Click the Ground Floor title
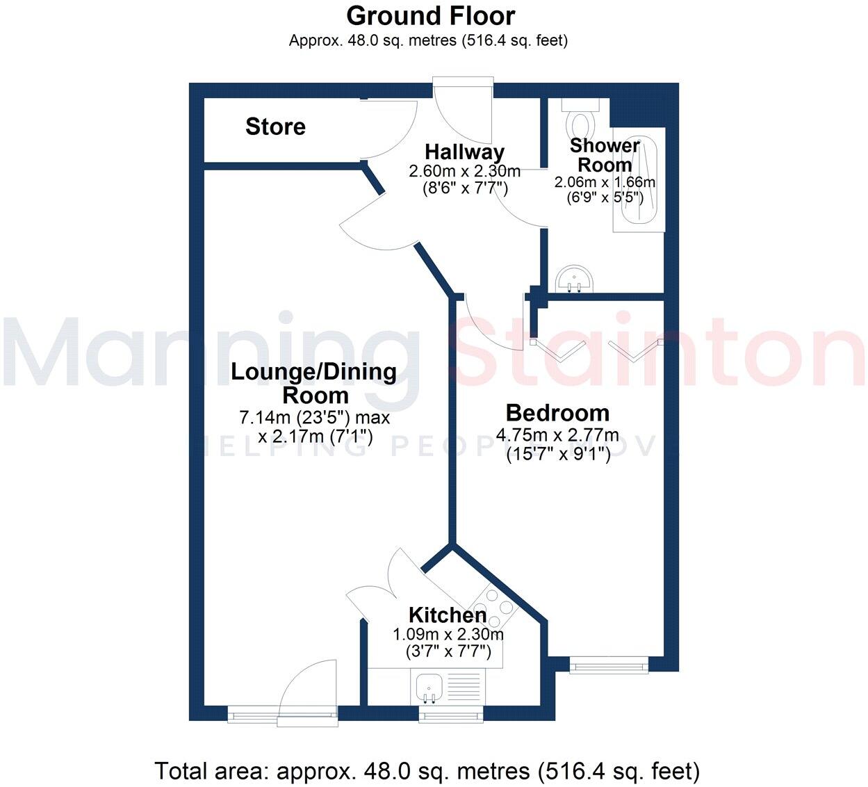pyautogui.click(x=431, y=15)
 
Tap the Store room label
pyautogui.click(x=275, y=127)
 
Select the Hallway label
pyautogui.click(x=464, y=152)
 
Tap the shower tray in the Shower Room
pyautogui.click(x=638, y=182)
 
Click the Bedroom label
pyautogui.click(x=557, y=413)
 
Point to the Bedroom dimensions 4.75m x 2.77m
pyautogui.click(x=557, y=436)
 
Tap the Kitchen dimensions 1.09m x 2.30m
pyautogui.click(x=448, y=634)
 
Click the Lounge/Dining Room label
pyautogui.click(x=314, y=383)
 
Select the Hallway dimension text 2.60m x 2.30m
pyautogui.click(x=464, y=171)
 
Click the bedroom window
pyautogui.click(x=609, y=666)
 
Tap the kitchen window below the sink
pyautogui.click(x=450, y=715)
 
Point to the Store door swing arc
pyautogui.click(x=393, y=132)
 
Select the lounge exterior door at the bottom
pyautogui.click(x=309, y=695)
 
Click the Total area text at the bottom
pyautogui.click(x=427, y=771)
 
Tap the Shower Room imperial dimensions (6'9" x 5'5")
pyautogui.click(x=605, y=197)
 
